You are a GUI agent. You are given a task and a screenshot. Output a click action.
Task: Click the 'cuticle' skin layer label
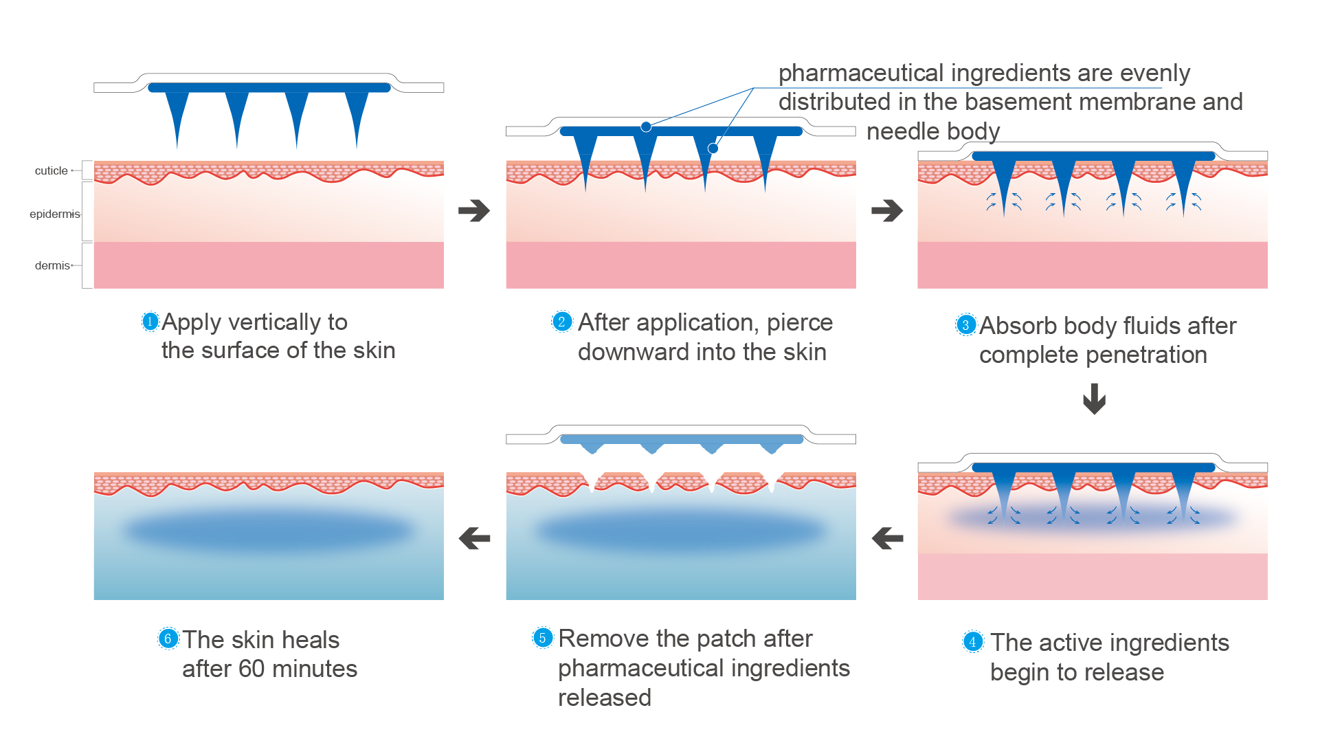click(x=52, y=170)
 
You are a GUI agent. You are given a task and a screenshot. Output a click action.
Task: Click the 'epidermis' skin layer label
click(x=54, y=214)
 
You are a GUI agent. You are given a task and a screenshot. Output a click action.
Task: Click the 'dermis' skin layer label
click(x=52, y=265)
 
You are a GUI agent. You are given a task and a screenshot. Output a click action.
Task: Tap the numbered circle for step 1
click(x=150, y=321)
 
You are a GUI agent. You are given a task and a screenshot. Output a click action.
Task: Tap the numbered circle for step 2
click(x=562, y=322)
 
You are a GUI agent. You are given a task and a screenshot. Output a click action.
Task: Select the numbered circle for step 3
click(x=965, y=325)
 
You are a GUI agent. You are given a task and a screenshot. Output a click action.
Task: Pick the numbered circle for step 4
click(x=972, y=642)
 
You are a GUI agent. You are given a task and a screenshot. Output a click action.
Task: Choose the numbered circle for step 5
click(x=542, y=638)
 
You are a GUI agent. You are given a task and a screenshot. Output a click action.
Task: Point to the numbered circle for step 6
click(x=168, y=639)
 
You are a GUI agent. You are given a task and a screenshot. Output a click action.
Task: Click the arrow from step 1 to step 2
click(x=474, y=210)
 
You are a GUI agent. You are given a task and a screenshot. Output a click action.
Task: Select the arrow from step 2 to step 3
click(x=887, y=210)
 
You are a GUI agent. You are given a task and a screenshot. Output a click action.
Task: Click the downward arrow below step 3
click(x=1094, y=399)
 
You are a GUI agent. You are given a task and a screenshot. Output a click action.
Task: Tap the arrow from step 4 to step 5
click(x=887, y=538)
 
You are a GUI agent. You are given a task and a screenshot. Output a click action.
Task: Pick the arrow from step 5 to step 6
click(x=474, y=538)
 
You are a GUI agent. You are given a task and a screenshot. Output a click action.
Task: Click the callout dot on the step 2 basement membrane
click(x=646, y=126)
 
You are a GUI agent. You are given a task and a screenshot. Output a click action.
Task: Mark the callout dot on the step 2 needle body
click(x=713, y=148)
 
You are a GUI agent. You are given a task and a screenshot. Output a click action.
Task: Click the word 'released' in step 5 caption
click(x=604, y=698)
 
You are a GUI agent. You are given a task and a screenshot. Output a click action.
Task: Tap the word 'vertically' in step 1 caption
click(x=275, y=322)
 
